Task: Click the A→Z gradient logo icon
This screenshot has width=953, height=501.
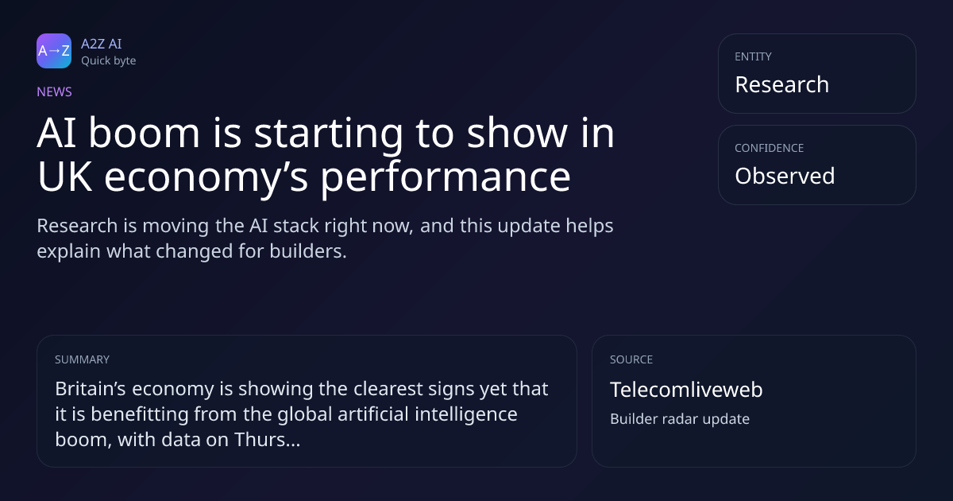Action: coord(54,51)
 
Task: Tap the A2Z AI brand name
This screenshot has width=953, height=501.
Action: coord(102,44)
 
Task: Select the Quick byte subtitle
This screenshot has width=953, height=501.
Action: coord(109,61)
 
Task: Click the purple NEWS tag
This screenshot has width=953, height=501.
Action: coord(55,92)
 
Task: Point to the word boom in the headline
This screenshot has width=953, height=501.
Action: coord(145,133)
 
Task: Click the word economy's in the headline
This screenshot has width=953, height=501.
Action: coord(206,177)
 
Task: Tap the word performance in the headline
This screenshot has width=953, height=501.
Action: coord(446,177)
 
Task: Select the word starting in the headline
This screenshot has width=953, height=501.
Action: coord(329,134)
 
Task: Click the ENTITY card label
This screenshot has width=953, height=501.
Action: coord(753,56)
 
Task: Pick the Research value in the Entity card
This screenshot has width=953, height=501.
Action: coord(782,84)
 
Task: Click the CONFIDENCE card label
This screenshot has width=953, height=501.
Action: coord(770,148)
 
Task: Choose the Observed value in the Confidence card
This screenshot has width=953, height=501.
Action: coord(785,176)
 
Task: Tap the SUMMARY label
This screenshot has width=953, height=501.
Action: coord(82,359)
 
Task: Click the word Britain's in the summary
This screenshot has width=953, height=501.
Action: coord(91,389)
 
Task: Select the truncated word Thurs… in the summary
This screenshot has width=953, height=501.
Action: coord(267,440)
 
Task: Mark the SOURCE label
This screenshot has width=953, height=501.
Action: coord(631,359)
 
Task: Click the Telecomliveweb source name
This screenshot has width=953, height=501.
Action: coord(686,390)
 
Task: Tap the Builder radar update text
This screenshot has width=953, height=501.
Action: coord(680,419)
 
